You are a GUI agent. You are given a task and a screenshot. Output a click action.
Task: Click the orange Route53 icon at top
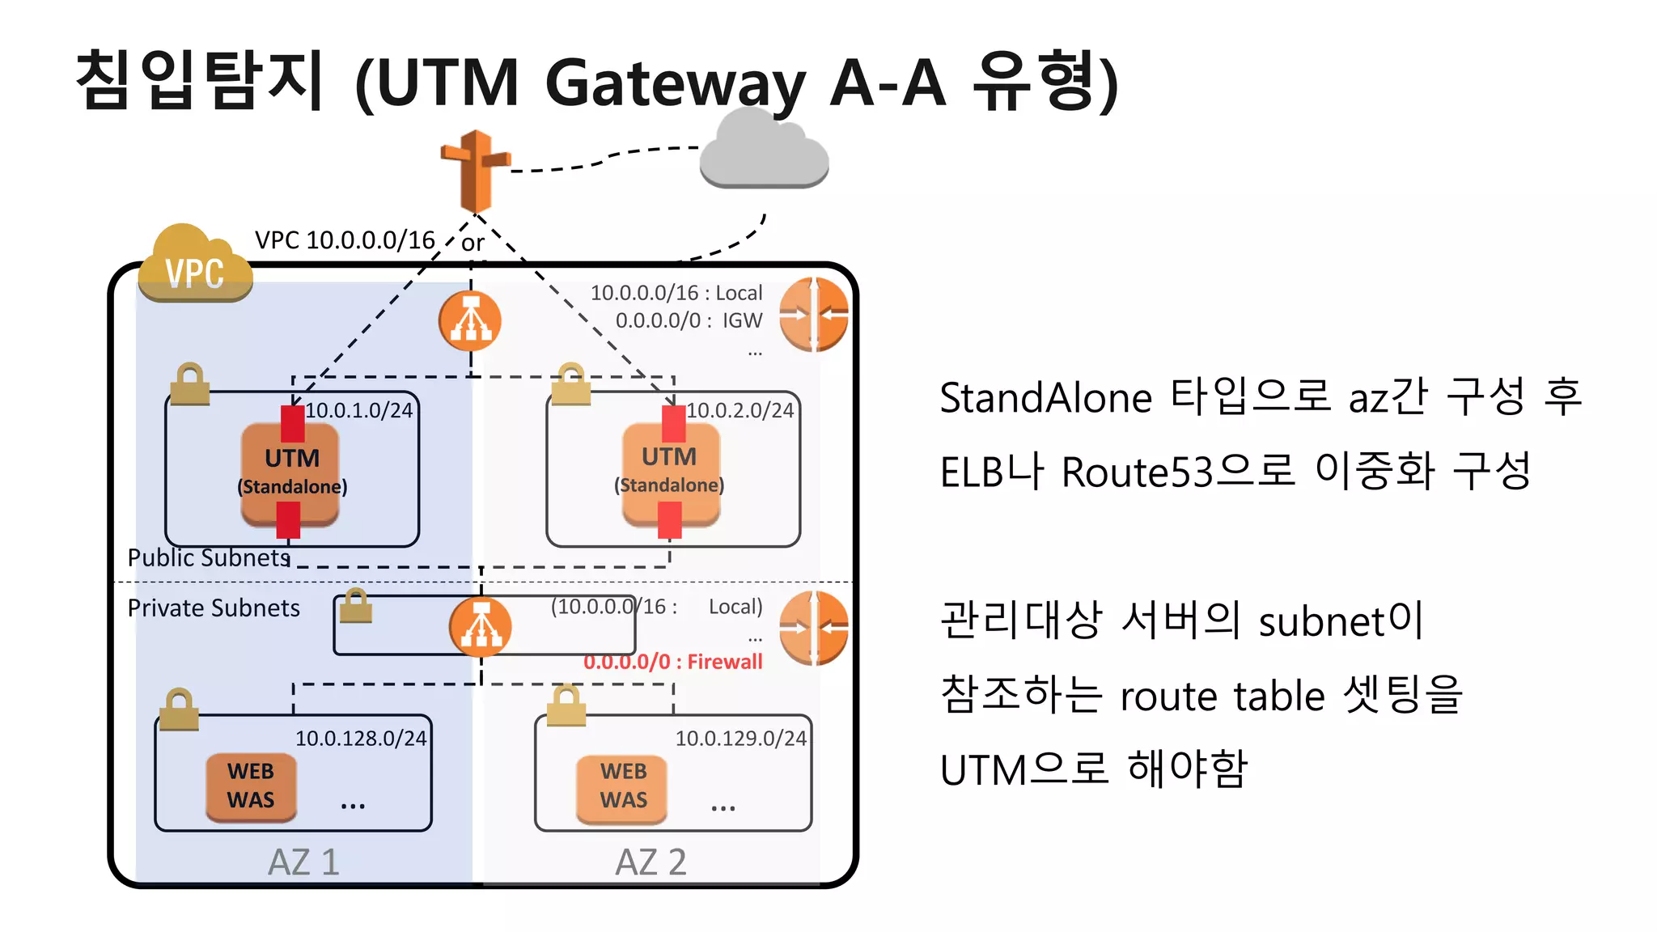[x=476, y=171]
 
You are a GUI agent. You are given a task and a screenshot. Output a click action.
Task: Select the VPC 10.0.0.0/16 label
[x=345, y=239]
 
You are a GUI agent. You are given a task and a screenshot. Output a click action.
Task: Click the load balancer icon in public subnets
[x=470, y=321]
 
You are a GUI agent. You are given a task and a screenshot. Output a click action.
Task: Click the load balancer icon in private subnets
[x=481, y=626]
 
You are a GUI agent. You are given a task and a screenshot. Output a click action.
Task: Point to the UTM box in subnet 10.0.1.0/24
[x=290, y=472]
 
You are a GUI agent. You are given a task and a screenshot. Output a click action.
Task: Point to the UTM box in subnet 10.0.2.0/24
[x=670, y=472]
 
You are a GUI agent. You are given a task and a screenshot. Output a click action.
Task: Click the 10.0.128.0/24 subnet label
[x=360, y=738]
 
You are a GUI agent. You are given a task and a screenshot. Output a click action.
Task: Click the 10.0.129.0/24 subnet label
[x=740, y=738]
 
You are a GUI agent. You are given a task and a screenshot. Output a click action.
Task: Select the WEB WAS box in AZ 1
[x=251, y=786]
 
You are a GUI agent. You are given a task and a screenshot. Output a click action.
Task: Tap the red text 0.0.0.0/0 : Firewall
[x=672, y=662]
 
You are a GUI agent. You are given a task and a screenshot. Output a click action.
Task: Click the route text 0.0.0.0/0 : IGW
[x=688, y=320]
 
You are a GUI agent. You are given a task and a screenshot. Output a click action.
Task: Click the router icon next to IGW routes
[x=813, y=315]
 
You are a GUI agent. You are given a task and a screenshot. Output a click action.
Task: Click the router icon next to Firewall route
[x=813, y=628]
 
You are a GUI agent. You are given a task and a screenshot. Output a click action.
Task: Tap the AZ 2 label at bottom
[x=651, y=862]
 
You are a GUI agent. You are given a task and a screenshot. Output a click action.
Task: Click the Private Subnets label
[x=214, y=608]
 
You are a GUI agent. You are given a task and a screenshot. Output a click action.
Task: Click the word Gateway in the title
[x=676, y=83]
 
